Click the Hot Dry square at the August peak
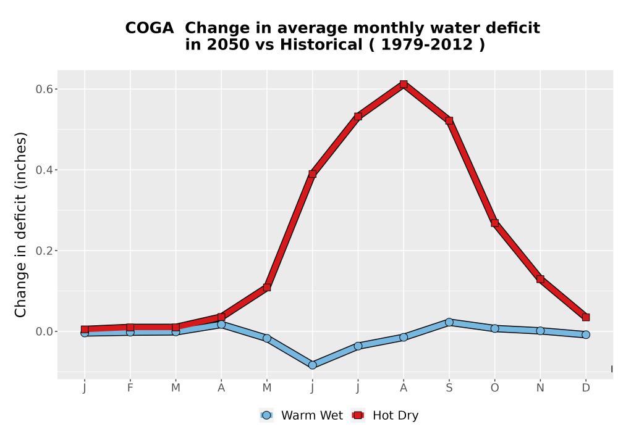pyautogui.click(x=403, y=84)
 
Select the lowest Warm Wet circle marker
pyautogui.click(x=312, y=365)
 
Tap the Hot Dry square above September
pyautogui.click(x=449, y=120)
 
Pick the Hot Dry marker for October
pyautogui.click(x=494, y=223)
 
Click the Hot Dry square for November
pyautogui.click(x=540, y=280)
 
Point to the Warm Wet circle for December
pyautogui.click(x=586, y=335)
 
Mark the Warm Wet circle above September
pyautogui.click(x=449, y=322)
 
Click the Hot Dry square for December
pyautogui.click(x=586, y=317)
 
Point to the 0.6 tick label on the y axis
pyautogui.click(x=44, y=89)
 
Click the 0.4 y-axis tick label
pyautogui.click(x=44, y=170)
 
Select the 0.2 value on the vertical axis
pyautogui.click(x=44, y=251)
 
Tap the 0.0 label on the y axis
pyautogui.click(x=44, y=331)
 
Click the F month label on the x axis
pyautogui.click(x=130, y=388)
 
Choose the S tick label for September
pyautogui.click(x=449, y=388)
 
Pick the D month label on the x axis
pyautogui.click(x=586, y=388)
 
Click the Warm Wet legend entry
pyautogui.click(x=301, y=415)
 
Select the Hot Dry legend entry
pyautogui.click(x=384, y=415)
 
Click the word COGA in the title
pyautogui.click(x=150, y=28)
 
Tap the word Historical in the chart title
pyautogui.click(x=321, y=45)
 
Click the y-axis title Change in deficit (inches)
pyautogui.click(x=20, y=225)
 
